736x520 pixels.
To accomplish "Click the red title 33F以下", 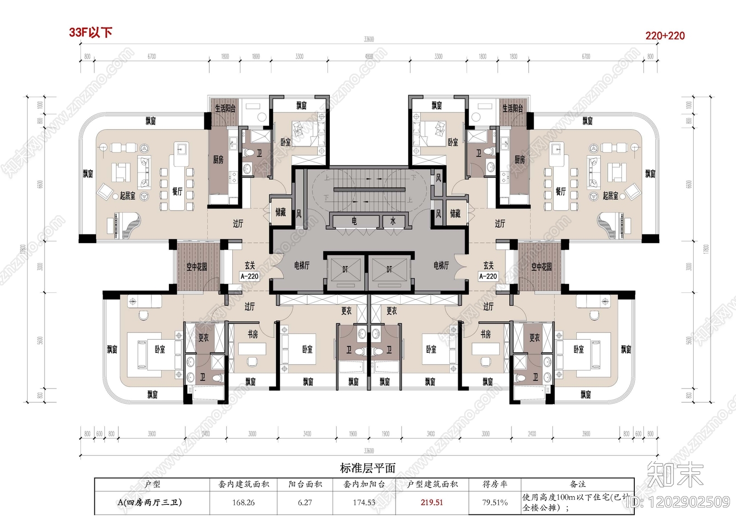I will tap(91, 32).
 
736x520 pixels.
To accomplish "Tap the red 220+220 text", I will tap(665, 35).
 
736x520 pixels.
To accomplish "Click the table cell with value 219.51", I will tap(431, 503).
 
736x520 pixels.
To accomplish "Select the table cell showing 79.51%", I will tap(494, 503).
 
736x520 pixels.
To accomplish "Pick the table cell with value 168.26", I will tap(243, 503).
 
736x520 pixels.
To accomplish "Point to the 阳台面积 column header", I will tap(305, 484).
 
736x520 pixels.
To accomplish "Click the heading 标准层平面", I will tap(368, 468).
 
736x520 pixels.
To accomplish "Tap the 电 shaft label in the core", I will tap(354, 221).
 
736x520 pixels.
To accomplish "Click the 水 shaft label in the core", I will tap(393, 221).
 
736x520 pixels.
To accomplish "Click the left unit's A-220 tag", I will tap(249, 276).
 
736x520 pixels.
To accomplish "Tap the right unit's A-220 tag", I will tap(488, 276).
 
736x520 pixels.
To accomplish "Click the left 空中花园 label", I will tap(196, 267).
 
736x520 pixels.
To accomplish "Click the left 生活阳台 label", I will tap(225, 109).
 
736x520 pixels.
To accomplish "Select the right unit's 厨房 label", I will tap(519, 160).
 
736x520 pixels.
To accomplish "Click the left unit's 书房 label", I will tap(253, 334).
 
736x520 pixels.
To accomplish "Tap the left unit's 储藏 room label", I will tap(281, 212).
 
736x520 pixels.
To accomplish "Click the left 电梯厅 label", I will tap(302, 265).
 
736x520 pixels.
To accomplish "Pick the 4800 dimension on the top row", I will tap(369, 57).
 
